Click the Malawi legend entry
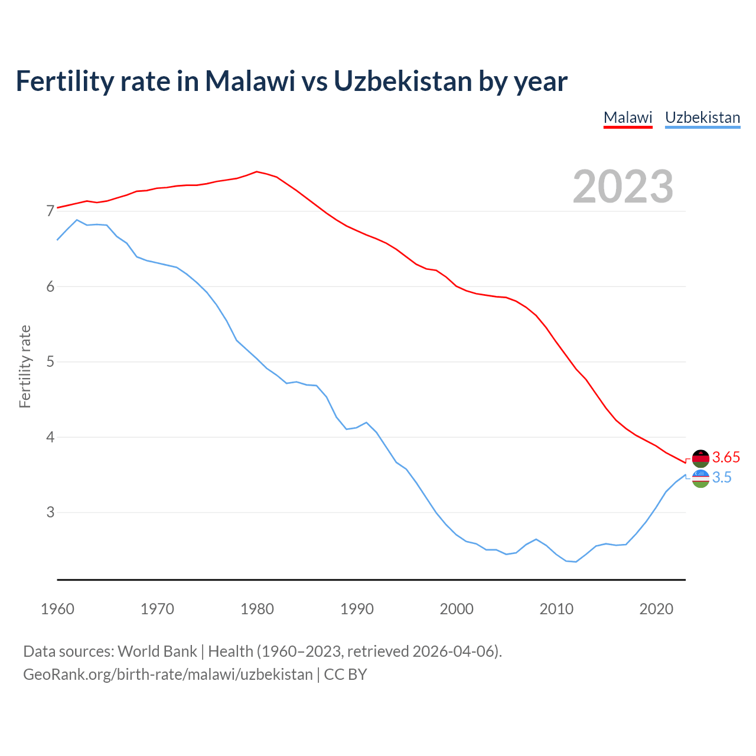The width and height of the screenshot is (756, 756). click(628, 118)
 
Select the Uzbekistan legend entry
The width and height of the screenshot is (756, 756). click(702, 118)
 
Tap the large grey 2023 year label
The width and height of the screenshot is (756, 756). click(623, 187)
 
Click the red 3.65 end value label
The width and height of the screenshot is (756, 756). click(726, 457)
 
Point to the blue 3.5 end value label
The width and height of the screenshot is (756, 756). click(722, 477)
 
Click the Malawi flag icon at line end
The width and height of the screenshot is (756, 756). click(700, 458)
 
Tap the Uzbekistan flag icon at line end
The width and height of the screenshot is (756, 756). click(700, 478)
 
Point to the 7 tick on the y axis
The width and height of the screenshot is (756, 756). click(50, 211)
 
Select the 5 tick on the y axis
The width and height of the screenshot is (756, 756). click(50, 361)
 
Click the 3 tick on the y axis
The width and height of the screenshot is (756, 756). click(50, 512)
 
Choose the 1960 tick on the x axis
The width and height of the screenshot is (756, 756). click(57, 609)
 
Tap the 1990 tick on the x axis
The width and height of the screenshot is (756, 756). click(357, 609)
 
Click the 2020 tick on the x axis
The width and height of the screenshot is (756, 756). click(656, 609)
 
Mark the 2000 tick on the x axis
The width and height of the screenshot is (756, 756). click(457, 609)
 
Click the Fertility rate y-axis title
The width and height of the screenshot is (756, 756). click(25, 366)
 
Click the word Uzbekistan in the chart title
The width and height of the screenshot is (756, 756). click(402, 81)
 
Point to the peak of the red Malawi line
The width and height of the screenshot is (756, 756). click(256, 171)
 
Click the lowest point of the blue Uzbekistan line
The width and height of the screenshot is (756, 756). click(576, 562)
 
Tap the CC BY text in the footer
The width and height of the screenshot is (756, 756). click(346, 674)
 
